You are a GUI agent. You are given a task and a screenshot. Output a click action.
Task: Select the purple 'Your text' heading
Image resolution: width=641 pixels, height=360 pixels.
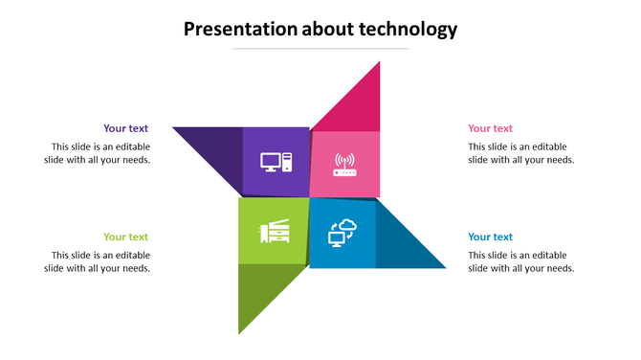click(x=125, y=128)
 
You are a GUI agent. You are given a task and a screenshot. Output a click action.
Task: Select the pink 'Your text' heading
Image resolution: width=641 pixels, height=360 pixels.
click(x=490, y=128)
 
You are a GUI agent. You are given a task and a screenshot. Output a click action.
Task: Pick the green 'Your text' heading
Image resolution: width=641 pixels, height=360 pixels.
click(x=125, y=236)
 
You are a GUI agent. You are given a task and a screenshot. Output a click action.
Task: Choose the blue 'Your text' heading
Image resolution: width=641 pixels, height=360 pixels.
click(x=490, y=236)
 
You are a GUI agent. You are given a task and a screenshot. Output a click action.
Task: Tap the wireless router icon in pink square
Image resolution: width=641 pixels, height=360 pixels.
click(x=343, y=165)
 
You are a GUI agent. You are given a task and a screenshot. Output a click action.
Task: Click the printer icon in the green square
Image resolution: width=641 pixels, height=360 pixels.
click(x=274, y=232)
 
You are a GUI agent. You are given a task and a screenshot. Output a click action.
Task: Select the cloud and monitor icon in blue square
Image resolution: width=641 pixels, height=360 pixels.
click(x=343, y=233)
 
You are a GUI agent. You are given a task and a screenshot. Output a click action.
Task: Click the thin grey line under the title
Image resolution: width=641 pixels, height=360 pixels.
click(x=320, y=48)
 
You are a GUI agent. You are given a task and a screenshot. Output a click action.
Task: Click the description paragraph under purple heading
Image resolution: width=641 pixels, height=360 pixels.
click(x=99, y=153)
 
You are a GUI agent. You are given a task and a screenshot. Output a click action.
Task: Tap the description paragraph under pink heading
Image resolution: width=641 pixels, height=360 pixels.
click(x=519, y=153)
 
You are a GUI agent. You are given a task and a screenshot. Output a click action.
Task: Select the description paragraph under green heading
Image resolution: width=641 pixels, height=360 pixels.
click(x=99, y=261)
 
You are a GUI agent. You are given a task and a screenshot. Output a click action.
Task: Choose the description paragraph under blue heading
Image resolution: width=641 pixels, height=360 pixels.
click(x=519, y=261)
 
